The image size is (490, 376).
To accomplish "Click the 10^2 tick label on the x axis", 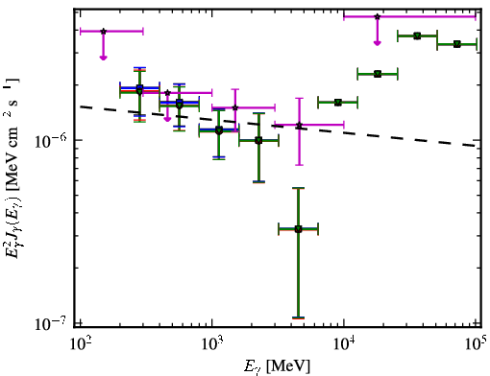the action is (x=81, y=343).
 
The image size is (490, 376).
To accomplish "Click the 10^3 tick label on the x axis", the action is (x=212, y=343).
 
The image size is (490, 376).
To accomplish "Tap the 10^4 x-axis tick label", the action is (x=345, y=343).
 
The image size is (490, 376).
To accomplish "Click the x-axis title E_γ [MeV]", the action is (x=277, y=366).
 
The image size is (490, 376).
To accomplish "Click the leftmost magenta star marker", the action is (x=103, y=32).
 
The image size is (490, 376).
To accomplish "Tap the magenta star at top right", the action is (x=378, y=16).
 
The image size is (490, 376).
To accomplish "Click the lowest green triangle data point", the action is (x=299, y=229).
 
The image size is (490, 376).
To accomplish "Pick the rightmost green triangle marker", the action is (x=457, y=44).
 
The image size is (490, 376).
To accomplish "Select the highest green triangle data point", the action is (x=417, y=35).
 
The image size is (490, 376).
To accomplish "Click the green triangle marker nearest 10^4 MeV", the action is (x=338, y=103).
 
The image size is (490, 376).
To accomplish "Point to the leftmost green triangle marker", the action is (x=139, y=91).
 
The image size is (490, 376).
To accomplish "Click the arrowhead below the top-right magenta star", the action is (x=378, y=43).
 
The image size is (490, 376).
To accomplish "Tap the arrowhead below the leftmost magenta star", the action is (x=103, y=58).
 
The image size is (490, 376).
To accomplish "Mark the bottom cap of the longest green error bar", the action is (x=299, y=317).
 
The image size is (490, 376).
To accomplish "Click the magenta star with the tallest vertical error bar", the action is (x=299, y=125).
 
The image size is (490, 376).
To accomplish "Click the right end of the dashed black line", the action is (x=476, y=146).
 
